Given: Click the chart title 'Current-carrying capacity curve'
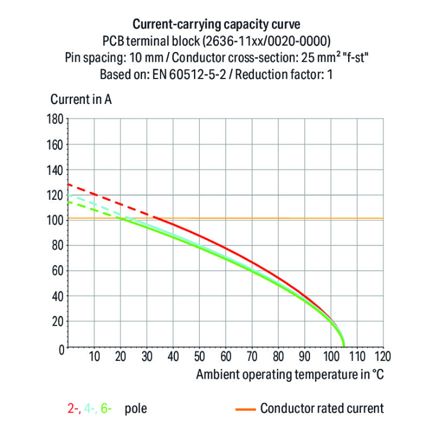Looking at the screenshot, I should tap(216, 25).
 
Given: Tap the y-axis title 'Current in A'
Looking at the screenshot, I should tap(81, 99).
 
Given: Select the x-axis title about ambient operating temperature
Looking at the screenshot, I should tap(290, 374).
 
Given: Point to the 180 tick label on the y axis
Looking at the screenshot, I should tap(54, 120).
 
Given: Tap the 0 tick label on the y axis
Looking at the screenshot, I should tap(60, 348).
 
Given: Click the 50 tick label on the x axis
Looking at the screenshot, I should tap(199, 356).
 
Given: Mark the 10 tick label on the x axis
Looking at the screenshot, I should tap(94, 356).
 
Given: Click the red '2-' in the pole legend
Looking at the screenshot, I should tap(73, 409).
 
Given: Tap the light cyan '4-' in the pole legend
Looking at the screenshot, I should tap(89, 409).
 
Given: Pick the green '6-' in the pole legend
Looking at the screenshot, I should tap(106, 409).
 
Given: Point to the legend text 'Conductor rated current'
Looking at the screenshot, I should tap(322, 409).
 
